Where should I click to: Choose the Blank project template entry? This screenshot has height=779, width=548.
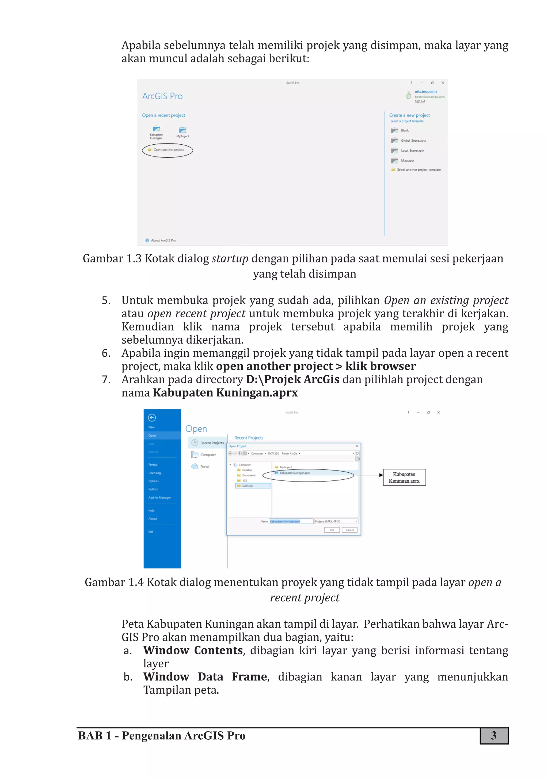pyautogui.click(x=405, y=131)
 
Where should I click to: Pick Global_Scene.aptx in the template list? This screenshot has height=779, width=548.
pyautogui.click(x=413, y=141)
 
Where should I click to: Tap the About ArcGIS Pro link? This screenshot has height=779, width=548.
pyautogui.click(x=163, y=240)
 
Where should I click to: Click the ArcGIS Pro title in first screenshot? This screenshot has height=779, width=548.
pyautogui.click(x=162, y=96)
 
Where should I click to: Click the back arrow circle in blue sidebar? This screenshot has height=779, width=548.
pyautogui.click(x=152, y=418)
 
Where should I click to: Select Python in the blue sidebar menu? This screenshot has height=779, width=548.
pyautogui.click(x=153, y=489)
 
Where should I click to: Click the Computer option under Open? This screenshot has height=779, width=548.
pyautogui.click(x=208, y=455)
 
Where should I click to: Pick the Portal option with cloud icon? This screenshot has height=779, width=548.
pyautogui.click(x=204, y=467)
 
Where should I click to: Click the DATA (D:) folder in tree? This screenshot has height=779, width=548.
pyautogui.click(x=248, y=486)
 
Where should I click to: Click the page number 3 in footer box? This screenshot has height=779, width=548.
pyautogui.click(x=493, y=736)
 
